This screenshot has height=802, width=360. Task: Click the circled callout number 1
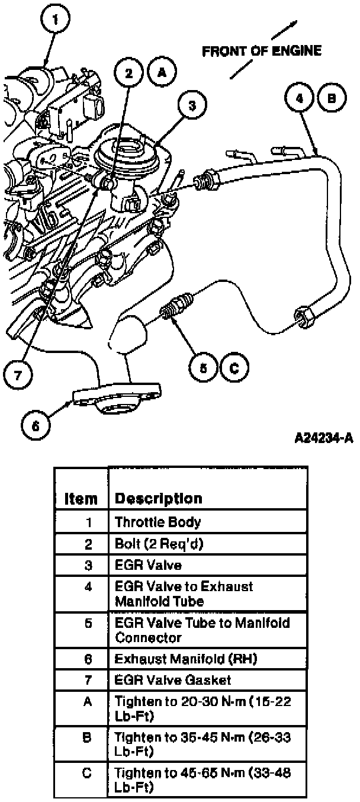point(56,21)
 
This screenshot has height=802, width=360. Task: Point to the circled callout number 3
point(191,106)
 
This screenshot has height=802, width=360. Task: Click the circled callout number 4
point(300,100)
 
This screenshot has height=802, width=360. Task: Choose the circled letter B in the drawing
point(332,100)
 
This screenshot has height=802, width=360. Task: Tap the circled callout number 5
point(204,368)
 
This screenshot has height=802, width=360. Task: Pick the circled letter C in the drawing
point(234,368)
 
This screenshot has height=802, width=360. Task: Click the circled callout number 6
point(36,424)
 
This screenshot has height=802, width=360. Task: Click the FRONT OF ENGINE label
point(262,51)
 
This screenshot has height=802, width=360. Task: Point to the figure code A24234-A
point(324,439)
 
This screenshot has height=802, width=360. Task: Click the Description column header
point(158,498)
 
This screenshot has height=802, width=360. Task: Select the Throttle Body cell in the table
point(157,522)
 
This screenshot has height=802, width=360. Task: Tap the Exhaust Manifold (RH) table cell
point(178,658)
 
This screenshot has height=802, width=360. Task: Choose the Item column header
point(81,499)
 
